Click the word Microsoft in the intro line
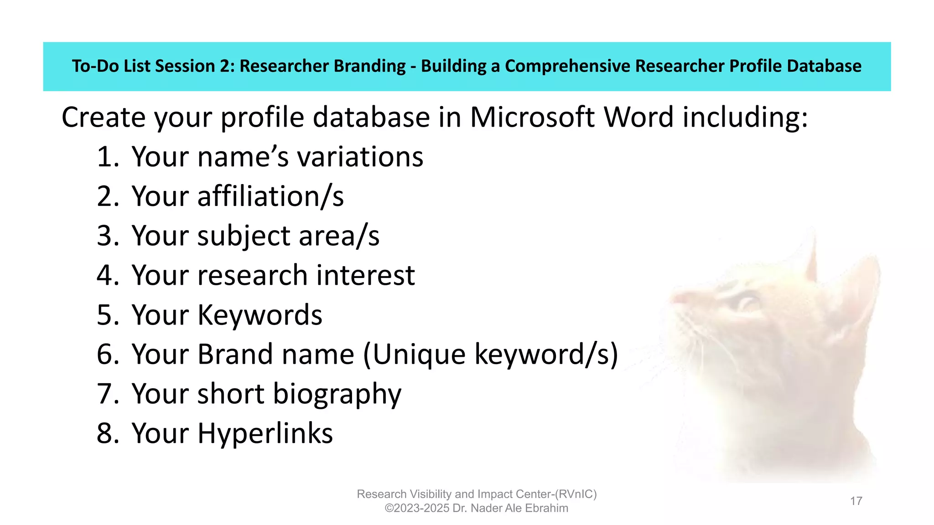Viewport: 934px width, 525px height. click(532, 118)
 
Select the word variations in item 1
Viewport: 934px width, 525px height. click(360, 157)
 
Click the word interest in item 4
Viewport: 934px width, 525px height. click(365, 275)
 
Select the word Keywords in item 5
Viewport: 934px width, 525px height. click(259, 315)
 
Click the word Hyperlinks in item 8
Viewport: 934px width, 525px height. click(265, 434)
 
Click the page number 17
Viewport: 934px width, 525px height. click(856, 501)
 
